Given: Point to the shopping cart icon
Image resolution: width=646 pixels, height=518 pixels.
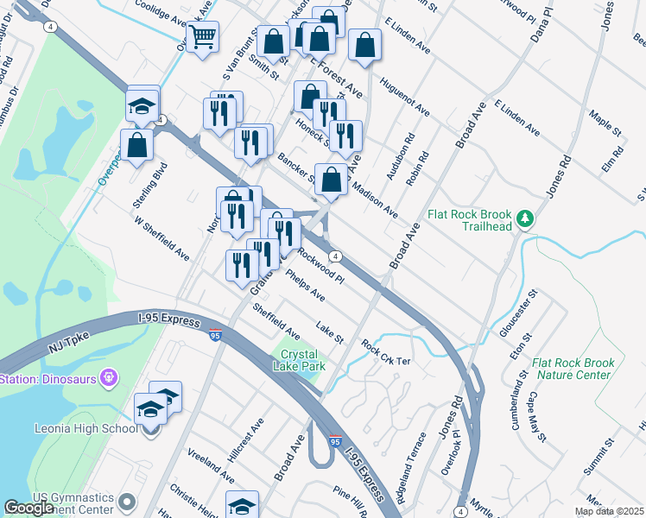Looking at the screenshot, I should click(x=203, y=37).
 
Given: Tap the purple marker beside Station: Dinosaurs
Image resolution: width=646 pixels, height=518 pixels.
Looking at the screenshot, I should click(x=108, y=377).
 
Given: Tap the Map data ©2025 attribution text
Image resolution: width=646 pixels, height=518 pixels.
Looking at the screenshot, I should click(x=609, y=511).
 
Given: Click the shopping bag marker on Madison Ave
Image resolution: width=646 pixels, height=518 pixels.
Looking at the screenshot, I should click(x=332, y=180).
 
